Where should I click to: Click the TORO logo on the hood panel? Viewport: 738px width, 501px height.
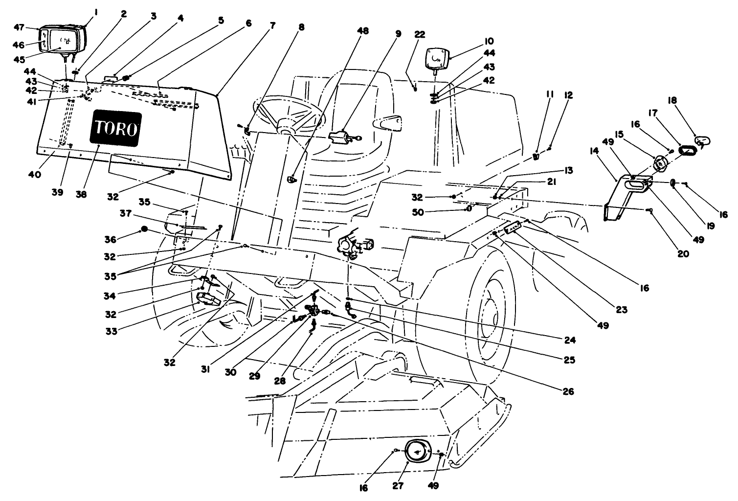115,128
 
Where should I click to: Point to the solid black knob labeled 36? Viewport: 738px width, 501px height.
144,229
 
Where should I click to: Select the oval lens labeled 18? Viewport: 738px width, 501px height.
702,141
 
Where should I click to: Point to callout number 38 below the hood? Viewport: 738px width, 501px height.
81,194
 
